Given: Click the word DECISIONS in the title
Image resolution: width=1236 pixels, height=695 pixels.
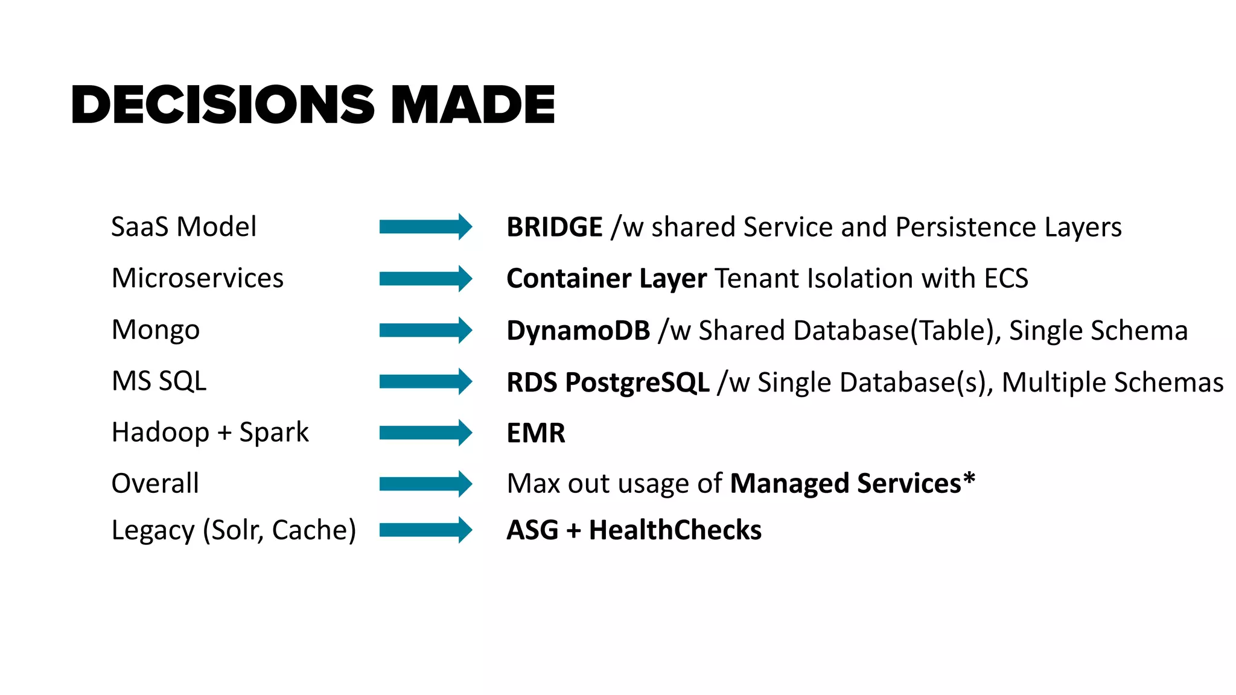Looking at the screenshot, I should pyautogui.click(x=223, y=105).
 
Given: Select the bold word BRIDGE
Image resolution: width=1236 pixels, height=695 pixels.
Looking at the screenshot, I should pyautogui.click(x=554, y=227).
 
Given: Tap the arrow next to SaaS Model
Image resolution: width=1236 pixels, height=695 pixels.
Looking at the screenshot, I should pyautogui.click(x=425, y=227).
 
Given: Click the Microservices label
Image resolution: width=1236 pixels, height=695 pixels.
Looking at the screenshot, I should pyautogui.click(x=197, y=278).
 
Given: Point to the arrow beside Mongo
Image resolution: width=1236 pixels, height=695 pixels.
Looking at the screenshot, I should pyautogui.click(x=425, y=330).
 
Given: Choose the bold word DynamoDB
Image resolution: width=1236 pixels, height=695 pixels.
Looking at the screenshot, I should pyautogui.click(x=578, y=331).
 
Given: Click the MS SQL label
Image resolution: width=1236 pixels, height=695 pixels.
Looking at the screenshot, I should pyautogui.click(x=159, y=381).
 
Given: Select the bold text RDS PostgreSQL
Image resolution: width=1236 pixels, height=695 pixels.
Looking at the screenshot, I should pyautogui.click(x=607, y=382).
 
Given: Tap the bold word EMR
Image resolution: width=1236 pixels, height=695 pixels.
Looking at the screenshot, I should pyautogui.click(x=535, y=433).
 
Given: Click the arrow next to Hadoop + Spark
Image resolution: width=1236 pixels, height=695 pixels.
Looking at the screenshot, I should pyautogui.click(x=425, y=433).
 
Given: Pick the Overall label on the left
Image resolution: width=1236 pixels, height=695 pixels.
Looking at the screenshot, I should pyautogui.click(x=155, y=484).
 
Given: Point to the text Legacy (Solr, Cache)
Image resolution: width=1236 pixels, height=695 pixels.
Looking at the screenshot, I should pyautogui.click(x=234, y=530).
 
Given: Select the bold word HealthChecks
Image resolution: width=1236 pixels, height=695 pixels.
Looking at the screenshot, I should pyautogui.click(x=675, y=530).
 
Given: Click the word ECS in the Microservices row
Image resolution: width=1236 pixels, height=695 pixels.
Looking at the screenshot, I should pyautogui.click(x=1005, y=279).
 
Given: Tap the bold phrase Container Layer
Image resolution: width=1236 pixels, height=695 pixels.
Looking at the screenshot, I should pyautogui.click(x=606, y=279).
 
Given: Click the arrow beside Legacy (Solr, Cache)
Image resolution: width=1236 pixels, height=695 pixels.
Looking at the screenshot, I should pyautogui.click(x=425, y=530).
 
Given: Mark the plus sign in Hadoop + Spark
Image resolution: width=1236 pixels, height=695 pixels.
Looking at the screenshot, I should pyautogui.click(x=224, y=433).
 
